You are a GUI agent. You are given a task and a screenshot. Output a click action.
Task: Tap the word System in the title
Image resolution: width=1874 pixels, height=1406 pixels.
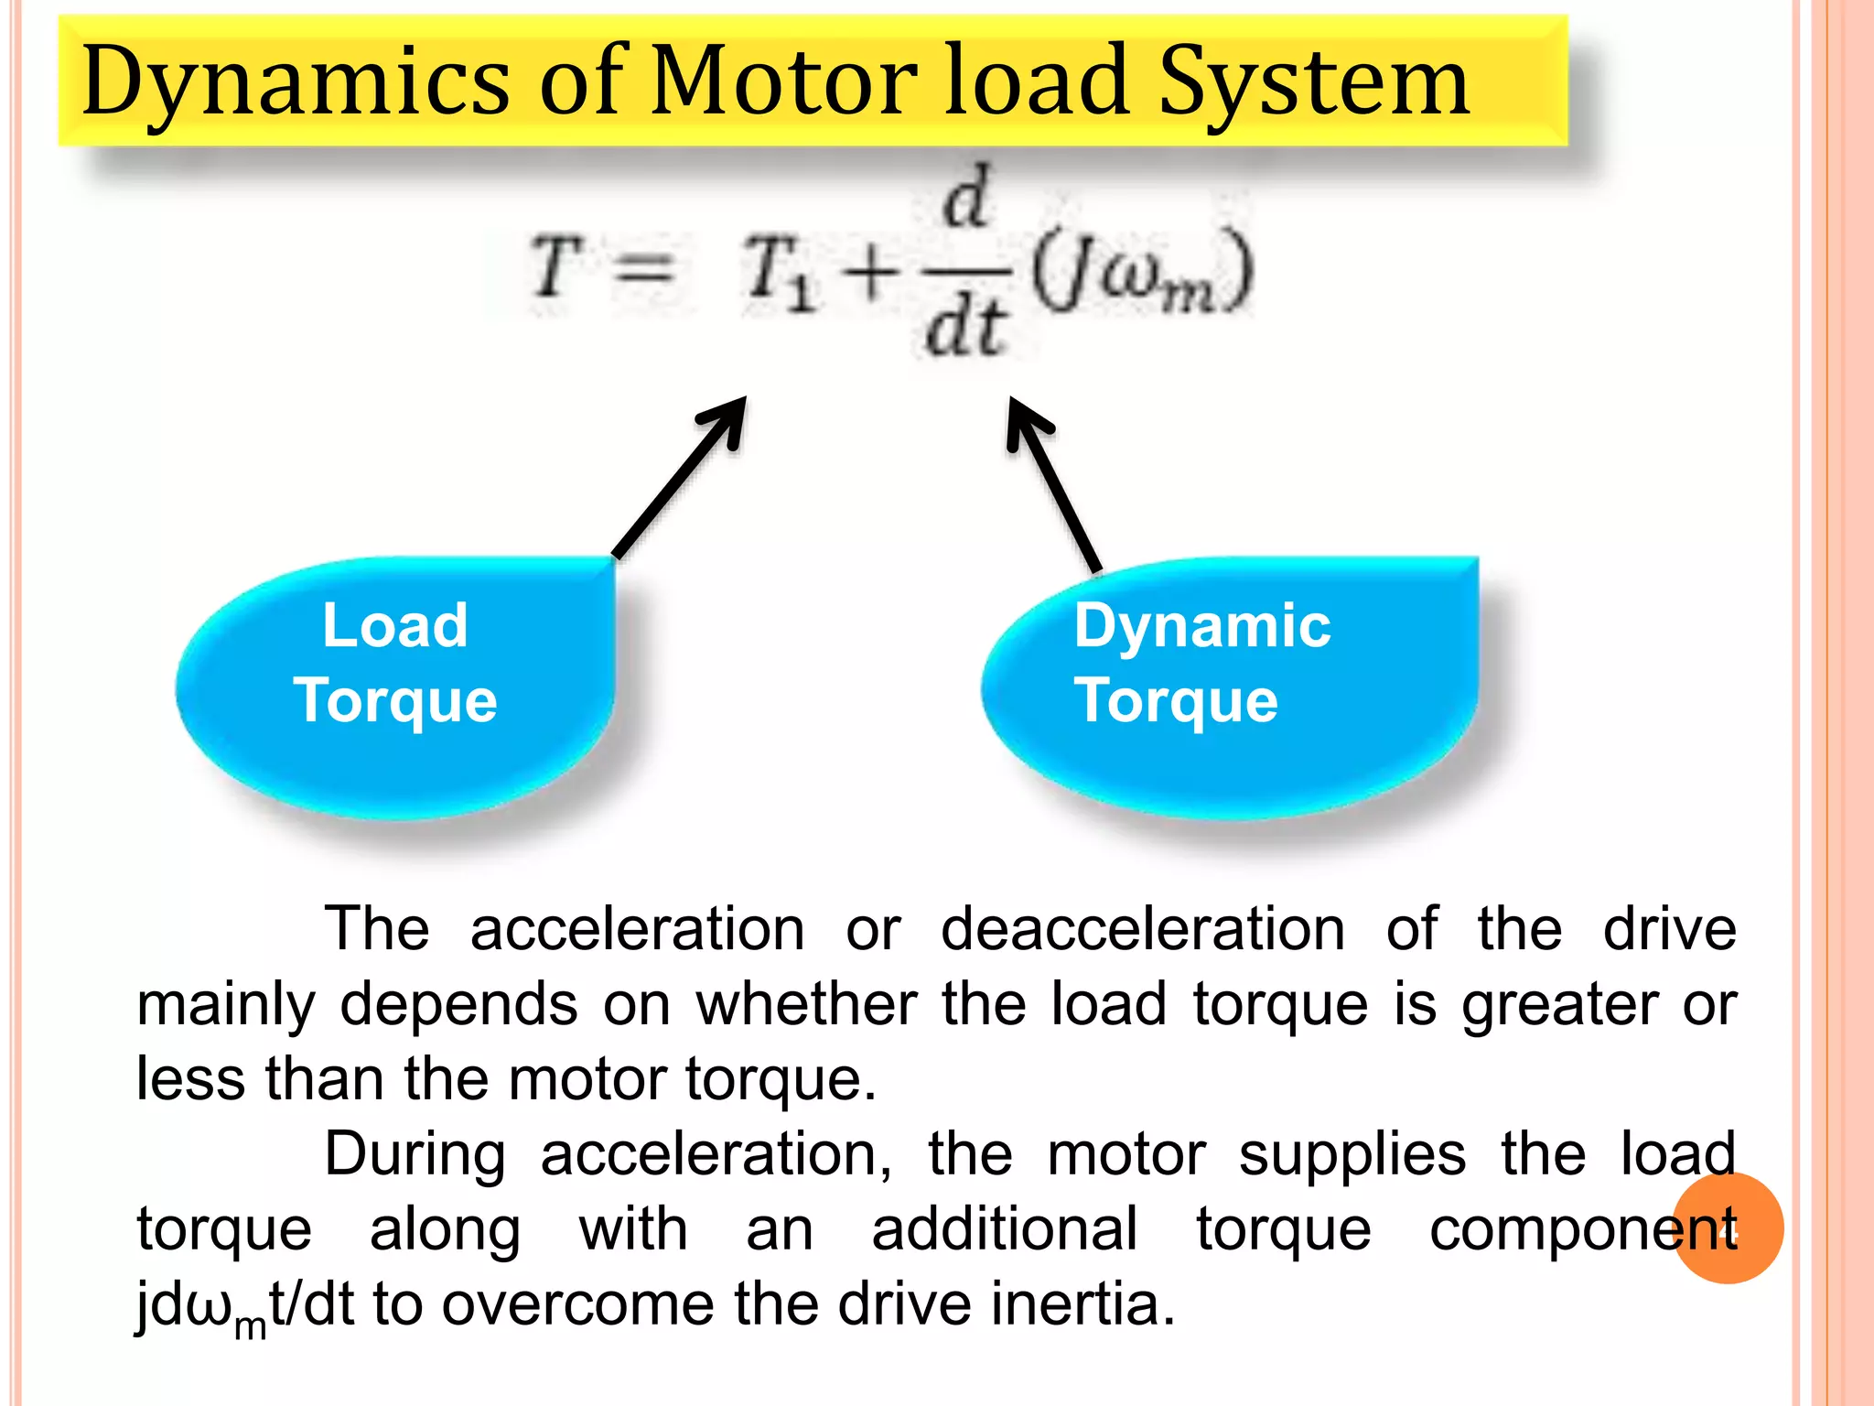1314,82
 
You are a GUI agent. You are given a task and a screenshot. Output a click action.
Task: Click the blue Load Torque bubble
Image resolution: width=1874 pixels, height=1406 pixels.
395,687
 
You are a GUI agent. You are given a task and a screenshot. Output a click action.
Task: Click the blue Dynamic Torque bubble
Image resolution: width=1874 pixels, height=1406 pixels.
1231,687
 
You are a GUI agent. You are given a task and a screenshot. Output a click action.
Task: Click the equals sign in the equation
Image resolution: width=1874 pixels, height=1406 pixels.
642,270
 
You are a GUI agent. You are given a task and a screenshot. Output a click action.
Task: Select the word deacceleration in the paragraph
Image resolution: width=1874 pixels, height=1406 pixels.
1143,930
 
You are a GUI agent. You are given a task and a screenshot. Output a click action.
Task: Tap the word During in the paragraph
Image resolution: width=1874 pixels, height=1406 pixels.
415,1154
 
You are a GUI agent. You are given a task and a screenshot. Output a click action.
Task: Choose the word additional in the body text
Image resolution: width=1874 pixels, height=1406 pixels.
1005,1229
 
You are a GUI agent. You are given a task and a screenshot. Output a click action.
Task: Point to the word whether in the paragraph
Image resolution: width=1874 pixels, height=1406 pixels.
806,1004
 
